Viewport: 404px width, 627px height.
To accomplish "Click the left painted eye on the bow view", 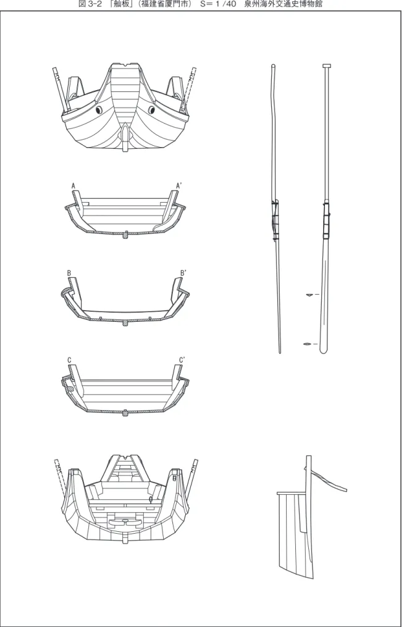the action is pos(99,109).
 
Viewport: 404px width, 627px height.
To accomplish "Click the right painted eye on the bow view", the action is pos(151,109).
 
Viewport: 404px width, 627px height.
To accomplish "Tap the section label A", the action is pos(73,186).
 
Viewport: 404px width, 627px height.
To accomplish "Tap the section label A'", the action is pos(179,186).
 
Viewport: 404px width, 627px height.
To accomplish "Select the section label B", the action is pos(69,273).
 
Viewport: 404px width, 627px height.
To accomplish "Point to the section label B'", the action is pos(183,273).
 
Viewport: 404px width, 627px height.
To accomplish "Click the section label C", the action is pos(69,361).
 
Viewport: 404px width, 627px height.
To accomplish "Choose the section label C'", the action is pos(182,361).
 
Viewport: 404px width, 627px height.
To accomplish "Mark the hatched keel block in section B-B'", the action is pos(125,322).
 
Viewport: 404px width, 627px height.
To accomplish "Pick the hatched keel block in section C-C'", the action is pos(125,413).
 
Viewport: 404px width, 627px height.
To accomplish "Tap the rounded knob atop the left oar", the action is pos(273,66).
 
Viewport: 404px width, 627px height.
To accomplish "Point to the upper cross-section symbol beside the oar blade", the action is pos(309,295).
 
